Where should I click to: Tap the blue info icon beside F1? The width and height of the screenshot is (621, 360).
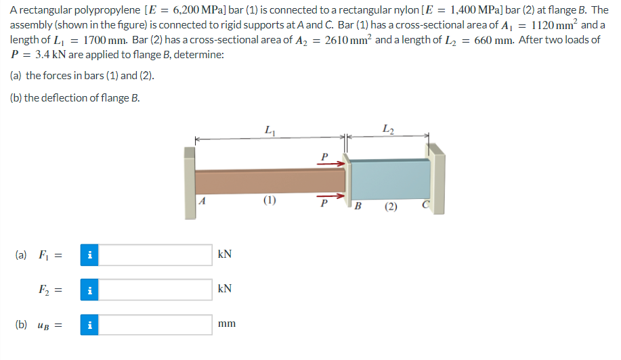pyautogui.click(x=91, y=255)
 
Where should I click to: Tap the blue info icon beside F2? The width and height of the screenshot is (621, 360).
pyautogui.click(x=91, y=290)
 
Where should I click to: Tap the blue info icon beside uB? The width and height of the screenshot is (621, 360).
pyautogui.click(x=91, y=324)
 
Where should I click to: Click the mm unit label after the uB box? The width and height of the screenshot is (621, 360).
pyautogui.click(x=227, y=324)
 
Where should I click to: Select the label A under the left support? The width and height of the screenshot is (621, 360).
pyautogui.click(x=202, y=201)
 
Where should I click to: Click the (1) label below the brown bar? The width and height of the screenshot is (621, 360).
pyautogui.click(x=270, y=200)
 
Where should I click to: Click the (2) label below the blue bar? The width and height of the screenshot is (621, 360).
pyautogui.click(x=391, y=206)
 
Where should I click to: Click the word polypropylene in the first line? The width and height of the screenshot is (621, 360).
pyautogui.click(x=94, y=11)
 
